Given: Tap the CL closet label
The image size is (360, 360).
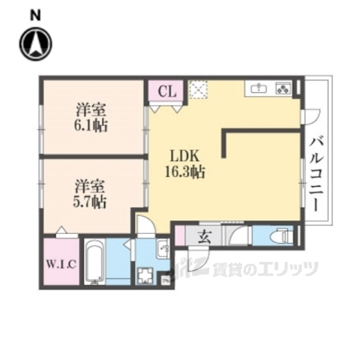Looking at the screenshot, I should [x=168, y=92].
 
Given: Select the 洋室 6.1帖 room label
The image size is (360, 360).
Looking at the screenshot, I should [x=89, y=117].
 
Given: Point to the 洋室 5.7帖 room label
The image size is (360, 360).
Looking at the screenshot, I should [x=89, y=193].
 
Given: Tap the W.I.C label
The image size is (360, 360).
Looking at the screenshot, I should [x=56, y=263].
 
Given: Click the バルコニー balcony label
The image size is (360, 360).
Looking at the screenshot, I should [x=316, y=172].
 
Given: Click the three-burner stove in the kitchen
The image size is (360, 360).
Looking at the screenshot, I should [x=284, y=88].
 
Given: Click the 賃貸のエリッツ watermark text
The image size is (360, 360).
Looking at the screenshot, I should [x=255, y=268].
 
